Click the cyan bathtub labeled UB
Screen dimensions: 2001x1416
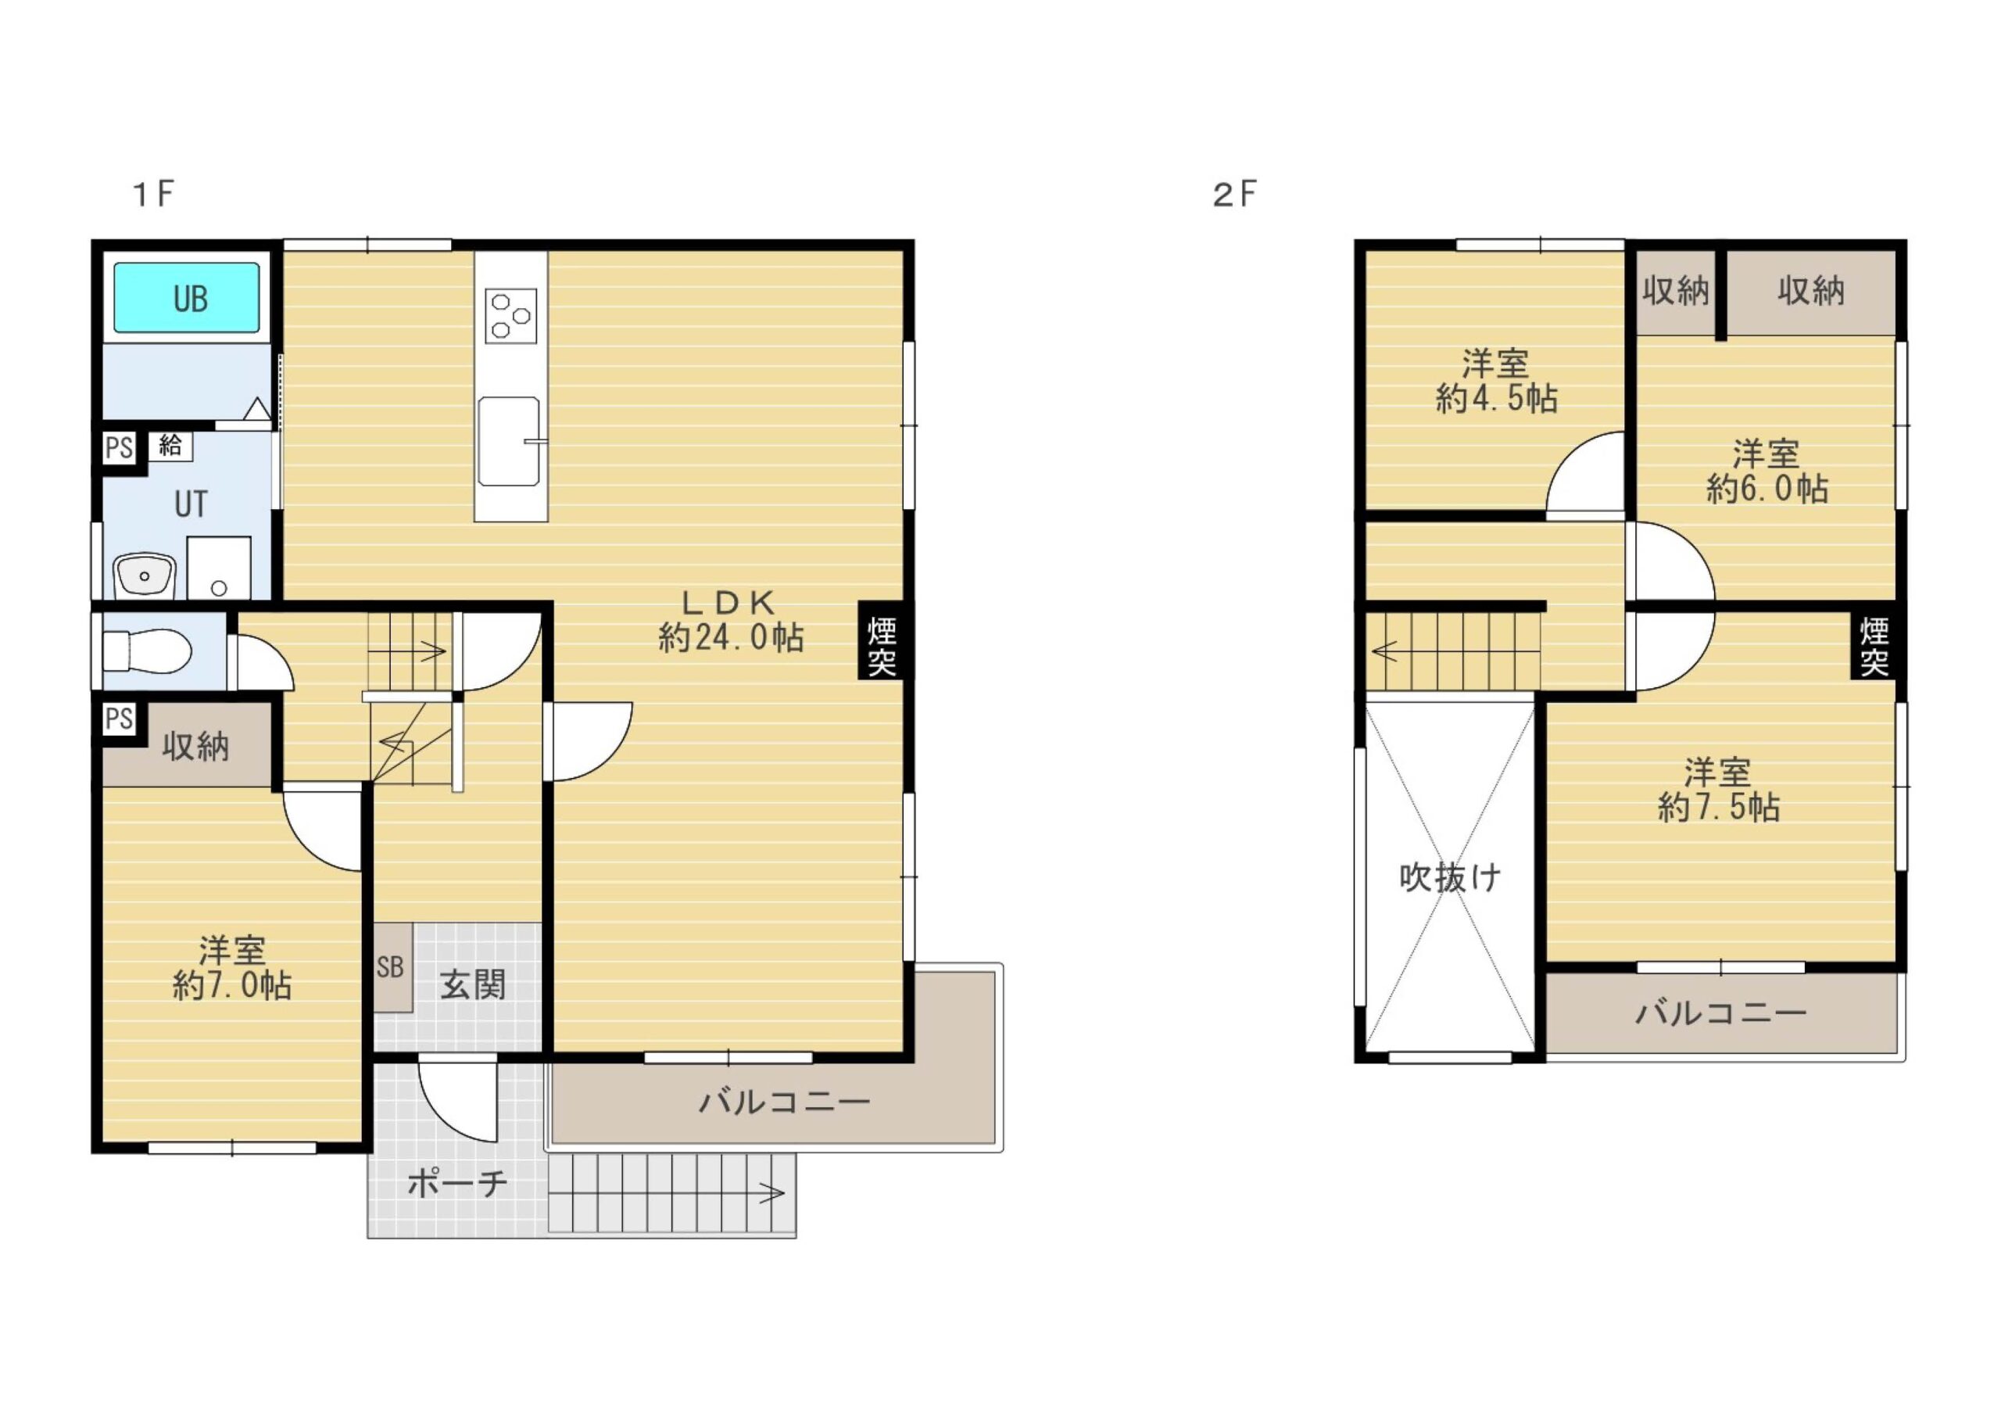pyautogui.click(x=187, y=297)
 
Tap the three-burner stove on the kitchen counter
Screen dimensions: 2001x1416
pyautogui.click(x=510, y=316)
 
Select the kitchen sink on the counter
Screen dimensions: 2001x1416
pyautogui.click(x=509, y=441)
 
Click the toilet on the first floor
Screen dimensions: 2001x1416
pyautogui.click(x=146, y=652)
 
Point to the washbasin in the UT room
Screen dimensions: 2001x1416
pyautogui.click(x=145, y=575)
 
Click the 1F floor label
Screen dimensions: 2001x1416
pyautogui.click(x=153, y=194)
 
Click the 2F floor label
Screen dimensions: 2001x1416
pyautogui.click(x=1235, y=194)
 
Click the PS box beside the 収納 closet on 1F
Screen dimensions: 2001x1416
pyautogui.click(x=120, y=719)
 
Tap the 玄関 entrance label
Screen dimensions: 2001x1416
pyautogui.click(x=473, y=985)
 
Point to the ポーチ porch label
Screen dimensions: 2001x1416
pyautogui.click(x=457, y=1184)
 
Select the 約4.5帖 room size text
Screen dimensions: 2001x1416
pyautogui.click(x=1496, y=399)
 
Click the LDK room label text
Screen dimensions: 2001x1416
pyautogui.click(x=728, y=601)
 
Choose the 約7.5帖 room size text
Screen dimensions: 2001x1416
pyautogui.click(x=1719, y=808)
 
